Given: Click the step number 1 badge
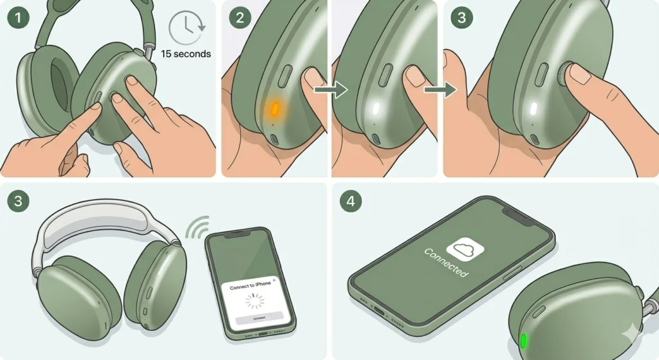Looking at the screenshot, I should (17, 17).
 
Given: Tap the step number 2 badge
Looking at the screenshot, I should (239, 17).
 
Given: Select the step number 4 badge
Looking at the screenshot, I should (350, 200).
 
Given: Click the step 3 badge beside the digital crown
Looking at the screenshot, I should (461, 17).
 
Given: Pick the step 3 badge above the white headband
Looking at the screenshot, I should (17, 200).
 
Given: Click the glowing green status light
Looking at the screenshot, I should (523, 339).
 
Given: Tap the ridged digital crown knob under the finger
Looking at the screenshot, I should (565, 74).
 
